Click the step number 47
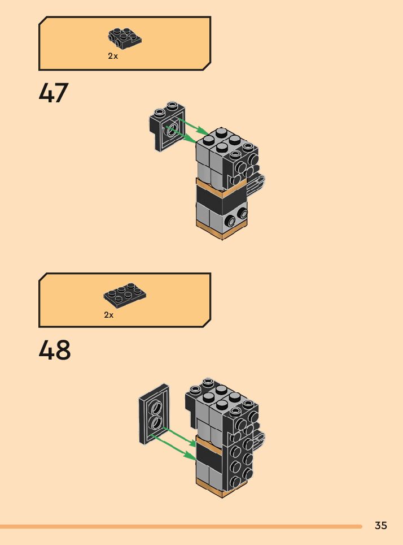pyautogui.click(x=54, y=93)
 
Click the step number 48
pyautogui.click(x=55, y=350)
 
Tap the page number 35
pyautogui.click(x=381, y=525)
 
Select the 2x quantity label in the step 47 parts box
pyautogui.click(x=113, y=57)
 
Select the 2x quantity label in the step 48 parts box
pyautogui.click(x=109, y=315)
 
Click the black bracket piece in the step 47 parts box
pyautogui.click(x=124, y=37)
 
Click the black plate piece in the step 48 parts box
pyautogui.click(x=125, y=294)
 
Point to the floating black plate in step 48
pyautogui.click(x=154, y=414)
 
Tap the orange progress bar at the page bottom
pyautogui.click(x=181, y=526)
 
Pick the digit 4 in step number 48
pyautogui.click(x=46, y=350)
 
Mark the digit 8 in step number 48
pyautogui.click(x=63, y=350)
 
